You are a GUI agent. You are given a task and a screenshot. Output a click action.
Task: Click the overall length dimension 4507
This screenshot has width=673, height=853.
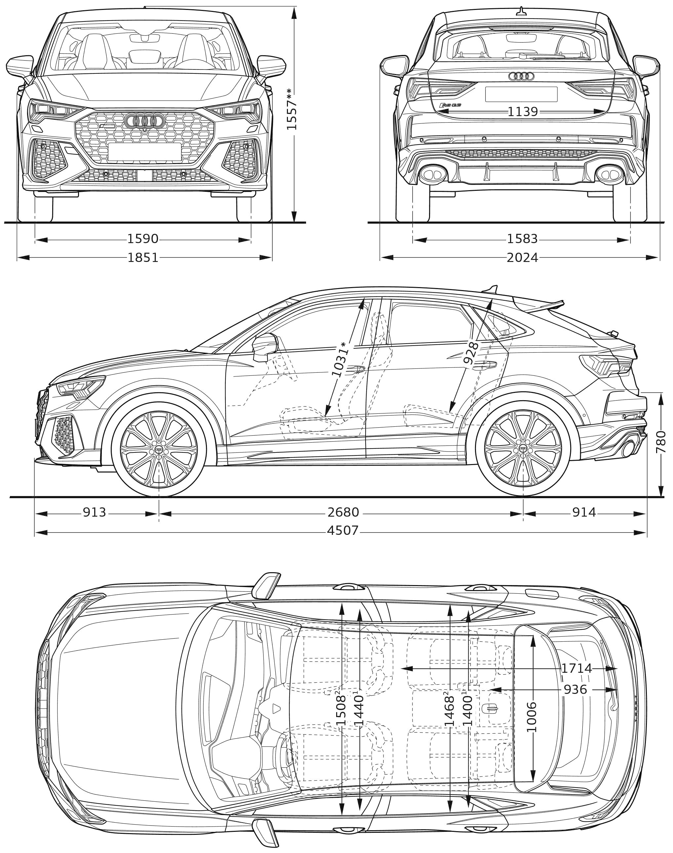[342, 531]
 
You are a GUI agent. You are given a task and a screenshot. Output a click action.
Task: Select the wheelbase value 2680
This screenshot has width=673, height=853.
[343, 512]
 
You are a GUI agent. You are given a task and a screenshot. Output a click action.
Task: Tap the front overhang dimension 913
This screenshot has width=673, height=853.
[95, 512]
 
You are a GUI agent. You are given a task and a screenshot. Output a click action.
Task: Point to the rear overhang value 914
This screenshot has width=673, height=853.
[584, 512]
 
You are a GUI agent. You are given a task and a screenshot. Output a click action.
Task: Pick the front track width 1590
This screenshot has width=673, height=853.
[143, 239]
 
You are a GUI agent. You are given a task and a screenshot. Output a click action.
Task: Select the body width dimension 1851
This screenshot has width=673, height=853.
[143, 257]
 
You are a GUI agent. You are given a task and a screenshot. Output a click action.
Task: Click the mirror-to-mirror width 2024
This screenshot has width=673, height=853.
[522, 257]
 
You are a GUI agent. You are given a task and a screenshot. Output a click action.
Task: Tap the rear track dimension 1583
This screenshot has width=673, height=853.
[522, 239]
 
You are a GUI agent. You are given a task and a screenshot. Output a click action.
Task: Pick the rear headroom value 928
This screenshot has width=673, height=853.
[470, 353]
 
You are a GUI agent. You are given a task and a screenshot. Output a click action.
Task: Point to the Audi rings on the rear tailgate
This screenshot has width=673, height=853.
[521, 76]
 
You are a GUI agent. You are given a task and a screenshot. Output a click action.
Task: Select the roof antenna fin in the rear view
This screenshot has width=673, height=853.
[522, 12]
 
